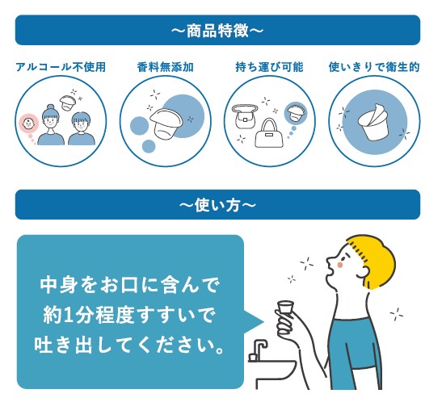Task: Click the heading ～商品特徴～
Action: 217,31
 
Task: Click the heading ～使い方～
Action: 217,205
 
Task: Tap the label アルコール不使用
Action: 61,67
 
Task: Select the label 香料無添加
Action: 165,67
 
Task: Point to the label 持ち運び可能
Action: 270,67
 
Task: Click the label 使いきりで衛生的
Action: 374,67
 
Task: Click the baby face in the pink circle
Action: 29,124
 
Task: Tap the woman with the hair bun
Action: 51,125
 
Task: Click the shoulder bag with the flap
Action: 245,116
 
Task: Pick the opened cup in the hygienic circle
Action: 374,122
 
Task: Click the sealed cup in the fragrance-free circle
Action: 166,124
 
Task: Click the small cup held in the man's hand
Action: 285,307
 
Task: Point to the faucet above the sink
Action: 258,350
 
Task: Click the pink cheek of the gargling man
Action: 340,265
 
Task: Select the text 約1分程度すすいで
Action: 128,316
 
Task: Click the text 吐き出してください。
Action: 130,345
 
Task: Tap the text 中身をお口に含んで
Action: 129,286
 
